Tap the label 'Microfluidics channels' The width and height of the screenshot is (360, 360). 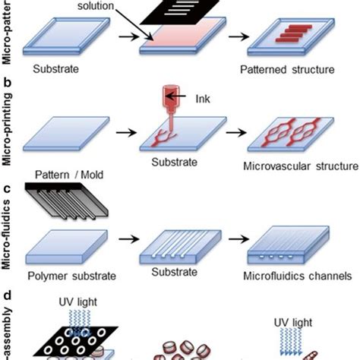(x=302, y=274)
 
